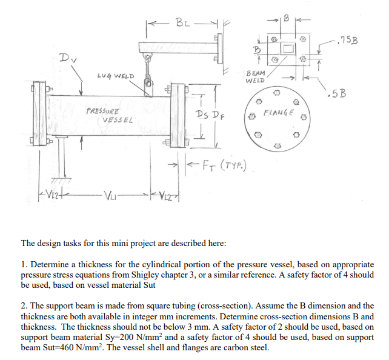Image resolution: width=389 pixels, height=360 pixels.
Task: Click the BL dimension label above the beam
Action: coord(182,23)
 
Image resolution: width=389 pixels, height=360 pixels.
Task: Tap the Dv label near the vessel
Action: coord(68,58)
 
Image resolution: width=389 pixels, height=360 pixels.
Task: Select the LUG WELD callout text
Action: coord(116,76)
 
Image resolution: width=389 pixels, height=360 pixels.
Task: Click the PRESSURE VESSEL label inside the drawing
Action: coord(110,115)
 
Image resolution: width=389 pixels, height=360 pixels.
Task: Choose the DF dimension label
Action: coord(218,115)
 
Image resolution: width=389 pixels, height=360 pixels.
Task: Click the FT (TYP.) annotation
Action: coord(225,165)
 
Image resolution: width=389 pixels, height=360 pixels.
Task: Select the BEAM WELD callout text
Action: coord(255,76)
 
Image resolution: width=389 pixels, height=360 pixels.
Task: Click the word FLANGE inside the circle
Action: coord(278,113)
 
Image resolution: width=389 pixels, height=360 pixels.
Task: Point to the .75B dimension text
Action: coord(348,39)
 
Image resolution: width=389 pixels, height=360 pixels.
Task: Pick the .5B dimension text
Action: coord(337,93)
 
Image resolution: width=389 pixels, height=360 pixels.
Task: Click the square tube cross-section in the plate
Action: coord(288,48)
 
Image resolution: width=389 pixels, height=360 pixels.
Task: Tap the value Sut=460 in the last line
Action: coord(60,348)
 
